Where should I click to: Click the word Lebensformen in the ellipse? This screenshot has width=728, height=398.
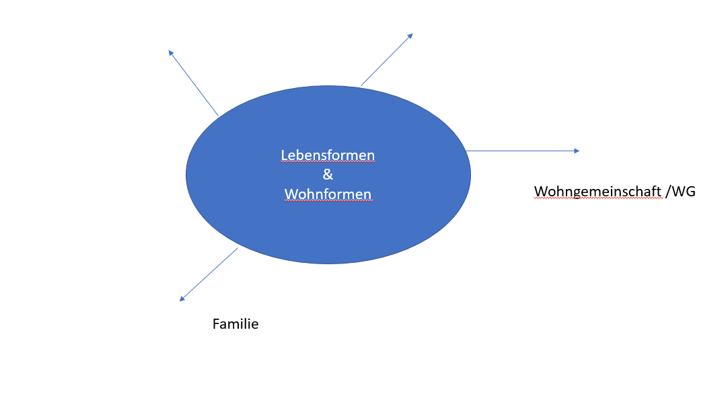pyautogui.click(x=328, y=155)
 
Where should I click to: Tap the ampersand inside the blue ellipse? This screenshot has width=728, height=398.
pyautogui.click(x=328, y=174)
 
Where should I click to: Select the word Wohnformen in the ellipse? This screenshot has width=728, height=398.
pyautogui.click(x=328, y=194)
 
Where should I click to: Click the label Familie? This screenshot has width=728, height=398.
pyautogui.click(x=235, y=324)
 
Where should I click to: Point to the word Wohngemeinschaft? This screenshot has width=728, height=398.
pyautogui.click(x=597, y=191)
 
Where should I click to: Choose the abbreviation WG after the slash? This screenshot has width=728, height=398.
pyautogui.click(x=684, y=191)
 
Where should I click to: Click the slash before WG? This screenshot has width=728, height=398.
pyautogui.click(x=667, y=192)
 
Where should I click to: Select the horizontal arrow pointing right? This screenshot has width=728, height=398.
pyautogui.click(x=523, y=151)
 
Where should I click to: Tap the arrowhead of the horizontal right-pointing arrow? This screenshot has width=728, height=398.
pyautogui.click(x=577, y=151)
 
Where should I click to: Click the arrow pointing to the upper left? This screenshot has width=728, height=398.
pyautogui.click(x=193, y=83)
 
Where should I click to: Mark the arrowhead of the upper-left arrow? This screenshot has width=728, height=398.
pyautogui.click(x=170, y=53)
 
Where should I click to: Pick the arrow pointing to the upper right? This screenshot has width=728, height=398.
pyautogui.click(x=387, y=59)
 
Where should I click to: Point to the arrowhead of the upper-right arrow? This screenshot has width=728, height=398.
pyautogui.click(x=410, y=36)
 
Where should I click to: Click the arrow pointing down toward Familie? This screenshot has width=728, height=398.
pyautogui.click(x=209, y=274)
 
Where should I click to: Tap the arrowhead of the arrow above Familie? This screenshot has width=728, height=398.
pyautogui.click(x=182, y=299)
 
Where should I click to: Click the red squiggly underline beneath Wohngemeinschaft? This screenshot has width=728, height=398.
pyautogui.click(x=598, y=198)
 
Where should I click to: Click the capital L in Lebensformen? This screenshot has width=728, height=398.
pyautogui.click(x=284, y=155)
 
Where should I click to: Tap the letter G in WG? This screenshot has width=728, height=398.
pyautogui.click(x=690, y=191)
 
